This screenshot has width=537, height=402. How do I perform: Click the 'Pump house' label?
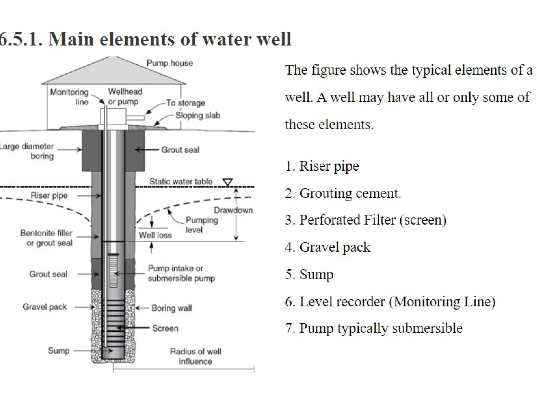click(170, 63)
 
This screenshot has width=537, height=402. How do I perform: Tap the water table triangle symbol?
click(227, 182)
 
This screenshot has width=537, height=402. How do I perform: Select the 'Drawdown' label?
click(233, 210)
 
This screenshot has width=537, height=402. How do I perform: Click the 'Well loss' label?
click(155, 235)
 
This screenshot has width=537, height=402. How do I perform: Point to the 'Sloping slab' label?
click(198, 115)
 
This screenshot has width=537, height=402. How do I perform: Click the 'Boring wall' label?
click(171, 308)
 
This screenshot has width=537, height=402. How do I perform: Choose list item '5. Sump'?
click(309, 274)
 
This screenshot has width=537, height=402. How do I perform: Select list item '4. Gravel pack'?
click(328, 247)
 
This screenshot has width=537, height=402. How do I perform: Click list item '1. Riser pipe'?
click(322, 166)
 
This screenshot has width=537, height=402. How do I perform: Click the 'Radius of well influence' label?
click(195, 356)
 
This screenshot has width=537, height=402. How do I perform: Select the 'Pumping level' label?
click(201, 225)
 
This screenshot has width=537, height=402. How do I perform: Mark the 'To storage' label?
click(186, 103)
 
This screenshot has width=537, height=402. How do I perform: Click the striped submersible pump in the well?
click(113, 271)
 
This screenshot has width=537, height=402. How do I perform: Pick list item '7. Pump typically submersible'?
click(374, 328)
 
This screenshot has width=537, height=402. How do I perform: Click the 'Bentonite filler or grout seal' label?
click(46, 238)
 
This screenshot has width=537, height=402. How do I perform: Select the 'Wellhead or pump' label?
click(125, 97)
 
